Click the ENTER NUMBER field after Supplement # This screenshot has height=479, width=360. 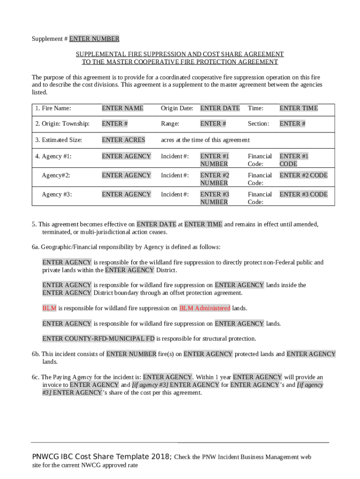click(x=94, y=39)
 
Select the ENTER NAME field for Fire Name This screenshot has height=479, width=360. click(x=122, y=108)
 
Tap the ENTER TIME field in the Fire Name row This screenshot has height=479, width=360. click(x=298, y=108)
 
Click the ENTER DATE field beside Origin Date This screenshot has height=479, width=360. click(x=220, y=108)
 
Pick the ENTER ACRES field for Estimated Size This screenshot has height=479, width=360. click(x=123, y=140)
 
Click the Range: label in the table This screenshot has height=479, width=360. click(x=170, y=123)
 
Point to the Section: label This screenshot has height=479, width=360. click(x=258, y=123)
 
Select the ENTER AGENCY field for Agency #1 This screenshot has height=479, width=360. click(x=126, y=156)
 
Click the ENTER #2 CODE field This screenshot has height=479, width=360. click(x=303, y=175)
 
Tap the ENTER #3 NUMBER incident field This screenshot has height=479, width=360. click(x=214, y=198)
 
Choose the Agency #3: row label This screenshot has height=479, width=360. click(x=57, y=194)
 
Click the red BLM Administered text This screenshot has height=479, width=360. click(x=205, y=308)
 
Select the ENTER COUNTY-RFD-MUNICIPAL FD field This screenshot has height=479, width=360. click(x=98, y=339)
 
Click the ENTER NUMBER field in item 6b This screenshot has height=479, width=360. click(x=131, y=354)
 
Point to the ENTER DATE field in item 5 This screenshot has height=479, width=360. click(x=156, y=225)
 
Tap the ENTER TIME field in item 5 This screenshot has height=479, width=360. click(x=203, y=225)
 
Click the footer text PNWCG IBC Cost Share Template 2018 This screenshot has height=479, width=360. click(x=101, y=457)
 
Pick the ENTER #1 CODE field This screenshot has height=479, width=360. click(x=294, y=160)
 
